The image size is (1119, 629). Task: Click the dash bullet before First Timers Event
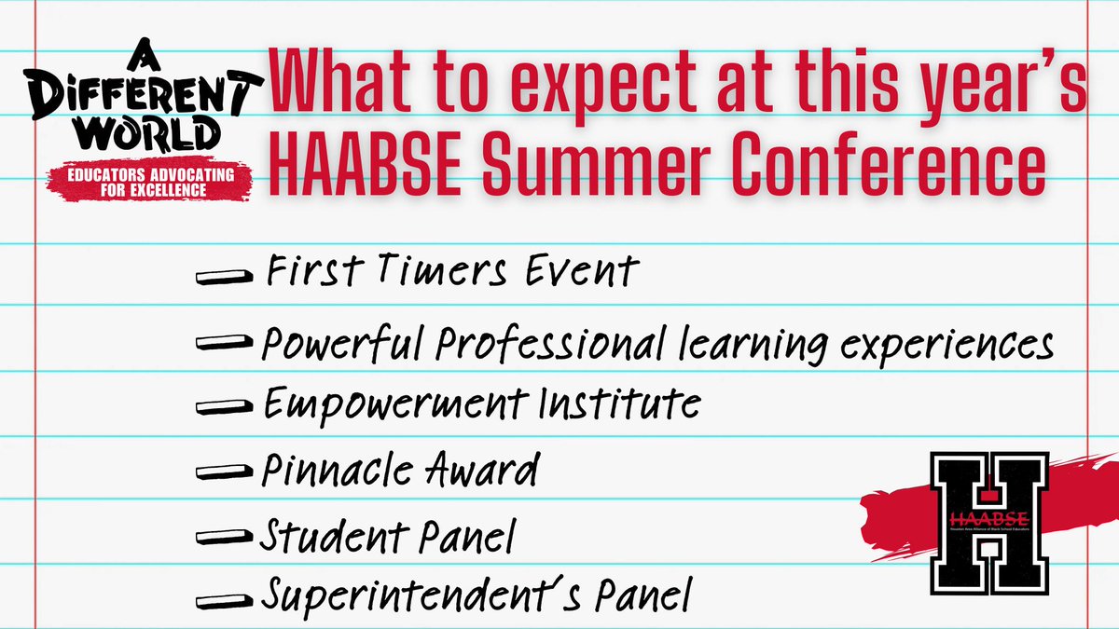[225, 277]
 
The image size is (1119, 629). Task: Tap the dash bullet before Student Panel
[225, 539]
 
